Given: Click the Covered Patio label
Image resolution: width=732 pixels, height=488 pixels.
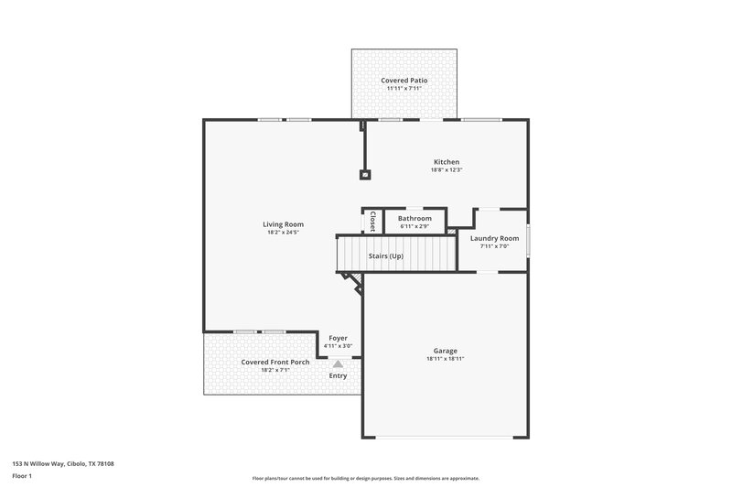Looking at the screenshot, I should [404, 81].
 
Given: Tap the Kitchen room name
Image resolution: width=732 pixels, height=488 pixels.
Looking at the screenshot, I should [447, 162].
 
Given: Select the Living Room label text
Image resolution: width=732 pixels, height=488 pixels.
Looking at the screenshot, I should [283, 224].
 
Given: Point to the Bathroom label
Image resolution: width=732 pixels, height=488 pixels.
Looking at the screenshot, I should [414, 218].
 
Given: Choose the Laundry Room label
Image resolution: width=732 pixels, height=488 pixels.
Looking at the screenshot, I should [494, 238].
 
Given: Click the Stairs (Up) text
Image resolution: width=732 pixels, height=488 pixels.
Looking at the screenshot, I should [385, 255].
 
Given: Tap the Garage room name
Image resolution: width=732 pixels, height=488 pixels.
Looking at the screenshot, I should [446, 351].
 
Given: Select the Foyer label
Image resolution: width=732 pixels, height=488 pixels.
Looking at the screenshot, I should [338, 338].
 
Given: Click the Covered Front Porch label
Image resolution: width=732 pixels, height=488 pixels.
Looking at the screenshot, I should [274, 362].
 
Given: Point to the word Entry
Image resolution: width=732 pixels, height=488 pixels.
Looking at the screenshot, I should [338, 375].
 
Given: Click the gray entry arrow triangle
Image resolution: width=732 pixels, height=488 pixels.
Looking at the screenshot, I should [338, 363].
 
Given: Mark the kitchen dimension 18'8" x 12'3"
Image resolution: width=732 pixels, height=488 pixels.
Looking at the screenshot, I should [447, 170].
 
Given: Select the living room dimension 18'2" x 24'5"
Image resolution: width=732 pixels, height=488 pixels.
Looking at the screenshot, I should [283, 233].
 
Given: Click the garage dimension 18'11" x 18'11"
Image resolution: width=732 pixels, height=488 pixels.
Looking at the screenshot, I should [446, 359].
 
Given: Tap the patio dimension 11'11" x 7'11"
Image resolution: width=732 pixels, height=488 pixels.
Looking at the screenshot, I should [404, 89].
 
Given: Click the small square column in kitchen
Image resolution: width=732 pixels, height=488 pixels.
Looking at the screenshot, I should [365, 173].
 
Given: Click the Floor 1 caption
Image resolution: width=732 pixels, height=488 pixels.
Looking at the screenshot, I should [22, 476].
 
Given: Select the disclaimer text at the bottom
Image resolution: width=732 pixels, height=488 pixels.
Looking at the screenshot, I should [365, 478].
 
